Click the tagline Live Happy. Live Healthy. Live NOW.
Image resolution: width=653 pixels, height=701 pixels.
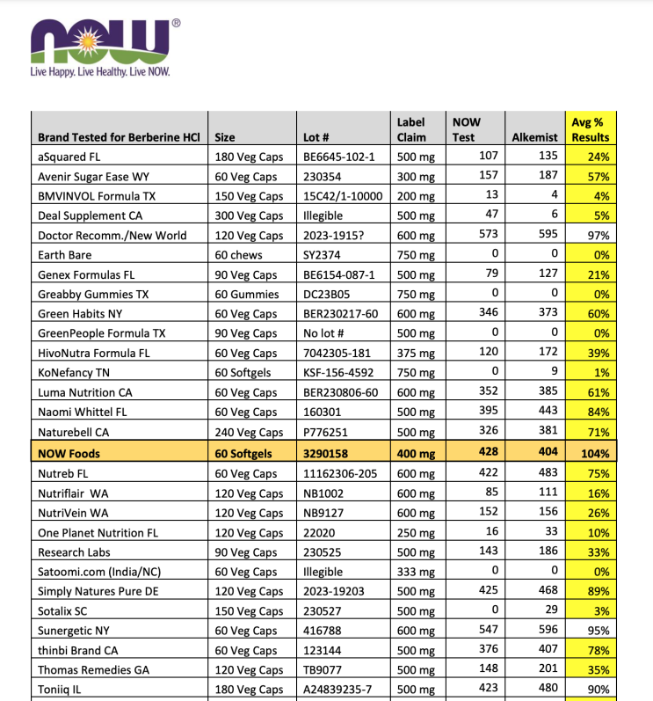pos(100,72)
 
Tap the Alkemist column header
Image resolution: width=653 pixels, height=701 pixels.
pos(535,137)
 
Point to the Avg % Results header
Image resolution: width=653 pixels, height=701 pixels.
pos(590,129)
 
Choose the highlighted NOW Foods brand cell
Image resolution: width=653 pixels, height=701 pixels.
pos(69,454)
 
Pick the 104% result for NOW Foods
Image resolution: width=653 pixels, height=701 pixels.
pos(596,454)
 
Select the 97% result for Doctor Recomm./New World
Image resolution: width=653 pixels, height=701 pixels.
pos(598,236)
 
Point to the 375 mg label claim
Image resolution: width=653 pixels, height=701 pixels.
pos(416,354)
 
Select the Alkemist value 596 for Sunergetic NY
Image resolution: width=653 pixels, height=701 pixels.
pos(546,632)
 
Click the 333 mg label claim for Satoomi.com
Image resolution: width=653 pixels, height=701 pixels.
pos(416,572)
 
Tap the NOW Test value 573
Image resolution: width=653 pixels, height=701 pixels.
pos(485,236)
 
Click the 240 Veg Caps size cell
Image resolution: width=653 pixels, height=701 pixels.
pos(250,433)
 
